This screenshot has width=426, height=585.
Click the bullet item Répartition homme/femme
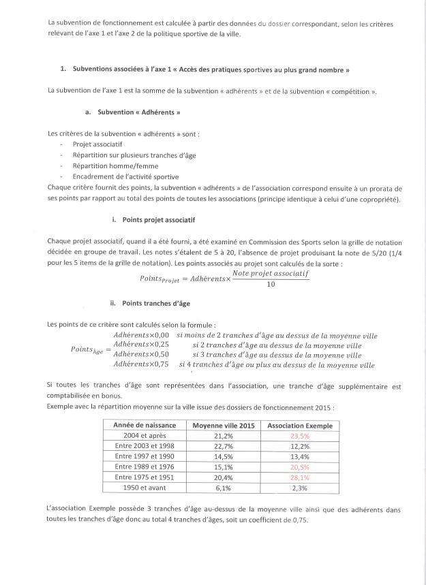tap(110, 165)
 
